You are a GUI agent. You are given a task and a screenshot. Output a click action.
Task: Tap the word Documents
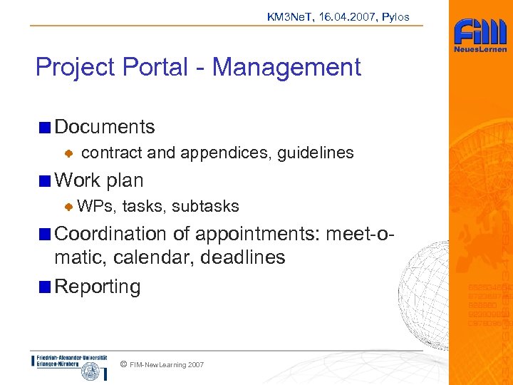tap(105, 127)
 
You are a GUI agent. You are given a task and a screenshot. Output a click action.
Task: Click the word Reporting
tap(98, 287)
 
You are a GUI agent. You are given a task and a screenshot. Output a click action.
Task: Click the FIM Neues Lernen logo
tap(480, 36)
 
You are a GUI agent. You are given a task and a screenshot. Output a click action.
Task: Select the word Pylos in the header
tap(395, 16)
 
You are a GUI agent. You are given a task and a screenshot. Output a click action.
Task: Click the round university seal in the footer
tap(90, 371)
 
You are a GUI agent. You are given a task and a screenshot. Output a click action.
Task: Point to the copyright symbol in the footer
tap(123, 364)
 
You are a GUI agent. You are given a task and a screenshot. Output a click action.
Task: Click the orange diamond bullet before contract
tap(69, 153)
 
